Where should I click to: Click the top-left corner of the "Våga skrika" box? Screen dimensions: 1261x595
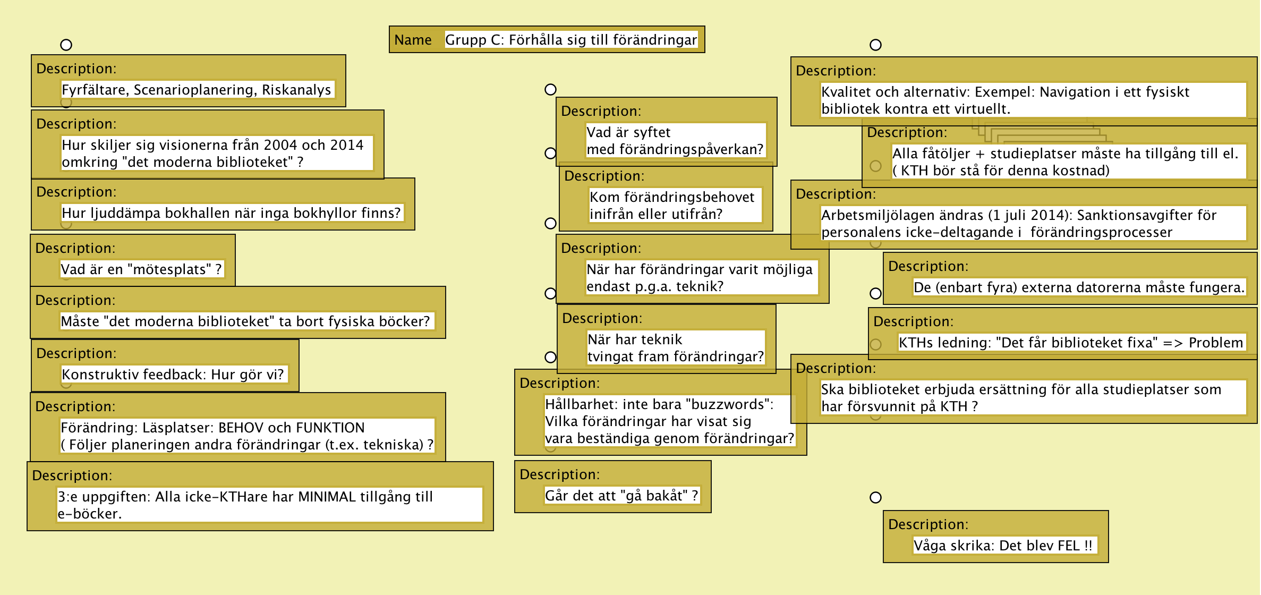click(x=883, y=511)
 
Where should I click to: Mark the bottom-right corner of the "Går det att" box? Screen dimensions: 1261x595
click(x=711, y=513)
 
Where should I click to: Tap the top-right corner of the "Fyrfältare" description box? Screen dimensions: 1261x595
click(x=346, y=55)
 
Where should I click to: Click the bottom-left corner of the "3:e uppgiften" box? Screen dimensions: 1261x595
click(x=27, y=531)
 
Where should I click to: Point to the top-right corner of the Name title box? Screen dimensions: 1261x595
click(x=705, y=26)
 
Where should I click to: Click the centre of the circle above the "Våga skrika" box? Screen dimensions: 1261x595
click(x=875, y=498)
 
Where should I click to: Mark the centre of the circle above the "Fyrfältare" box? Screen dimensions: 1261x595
click(x=66, y=45)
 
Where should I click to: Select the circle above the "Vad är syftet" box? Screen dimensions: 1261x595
click(x=550, y=90)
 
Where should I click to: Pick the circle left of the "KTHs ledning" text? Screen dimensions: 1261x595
click(x=875, y=344)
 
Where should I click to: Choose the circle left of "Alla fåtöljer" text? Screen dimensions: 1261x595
click(x=875, y=166)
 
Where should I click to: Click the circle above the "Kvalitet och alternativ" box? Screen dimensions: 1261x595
click(x=875, y=45)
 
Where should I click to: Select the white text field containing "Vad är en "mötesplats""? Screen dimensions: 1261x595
click(x=141, y=269)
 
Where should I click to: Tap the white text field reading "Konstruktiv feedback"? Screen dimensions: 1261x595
click(x=174, y=375)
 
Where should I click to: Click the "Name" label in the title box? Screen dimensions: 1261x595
click(x=413, y=40)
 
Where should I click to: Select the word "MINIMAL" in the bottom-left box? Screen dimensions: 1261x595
click(x=327, y=497)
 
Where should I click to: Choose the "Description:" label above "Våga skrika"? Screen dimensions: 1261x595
click(x=928, y=524)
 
